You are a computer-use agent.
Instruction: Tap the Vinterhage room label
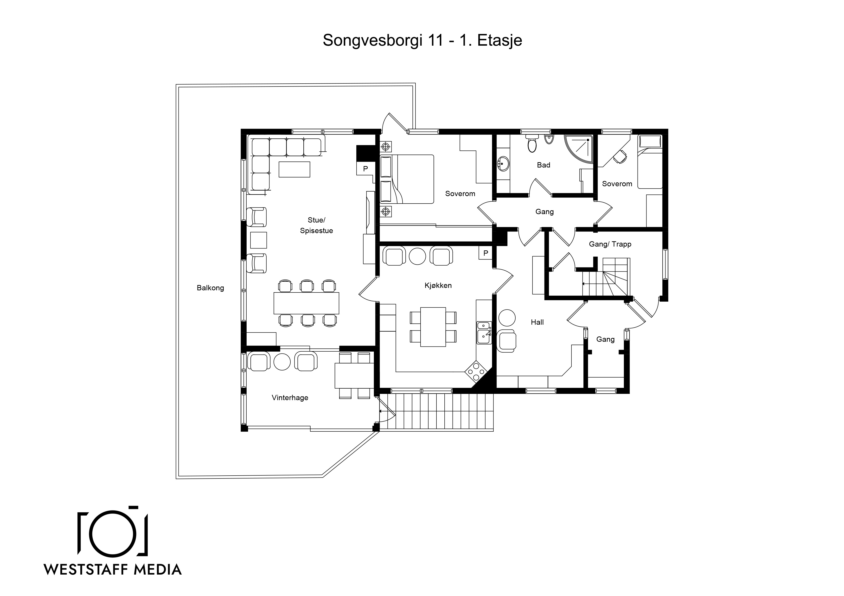[x=290, y=398]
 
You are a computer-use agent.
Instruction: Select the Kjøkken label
[x=438, y=285]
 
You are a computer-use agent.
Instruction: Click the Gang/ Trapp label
[x=610, y=244]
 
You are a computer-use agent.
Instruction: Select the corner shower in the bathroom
[x=579, y=149]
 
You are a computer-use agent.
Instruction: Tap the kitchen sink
[x=484, y=332]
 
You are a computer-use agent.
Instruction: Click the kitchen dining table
[x=433, y=327]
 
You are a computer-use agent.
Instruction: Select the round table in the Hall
[x=506, y=318]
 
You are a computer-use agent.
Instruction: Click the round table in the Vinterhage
[x=282, y=362]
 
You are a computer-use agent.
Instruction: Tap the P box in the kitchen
[x=486, y=253]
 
